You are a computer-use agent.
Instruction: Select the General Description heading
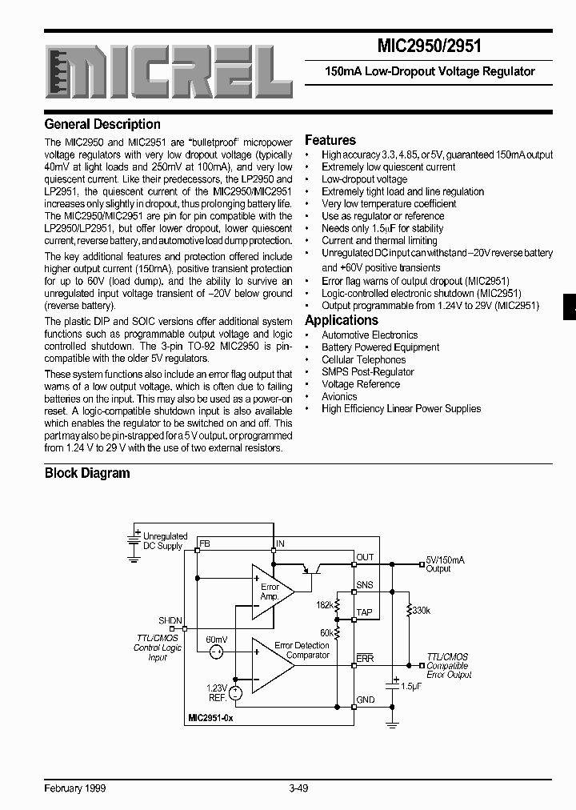pyautogui.click(x=102, y=124)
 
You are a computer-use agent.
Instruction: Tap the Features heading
pyautogui.click(x=330, y=140)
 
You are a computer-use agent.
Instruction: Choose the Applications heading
pyautogui.click(x=341, y=320)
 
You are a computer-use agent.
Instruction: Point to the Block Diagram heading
pyautogui.click(x=87, y=473)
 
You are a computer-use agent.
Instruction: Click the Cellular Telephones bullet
pyautogui.click(x=363, y=359)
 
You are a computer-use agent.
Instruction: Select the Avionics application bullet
pyautogui.click(x=339, y=396)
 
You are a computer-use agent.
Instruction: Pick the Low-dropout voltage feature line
pyautogui.click(x=364, y=179)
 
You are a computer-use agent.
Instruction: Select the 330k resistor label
pyautogui.click(x=421, y=610)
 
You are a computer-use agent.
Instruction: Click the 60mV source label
pyautogui.click(x=216, y=640)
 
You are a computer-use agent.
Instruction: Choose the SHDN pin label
pyautogui.click(x=170, y=621)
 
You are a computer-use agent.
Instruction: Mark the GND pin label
pyautogui.click(x=365, y=700)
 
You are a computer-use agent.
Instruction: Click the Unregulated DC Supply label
pyautogui.click(x=165, y=541)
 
